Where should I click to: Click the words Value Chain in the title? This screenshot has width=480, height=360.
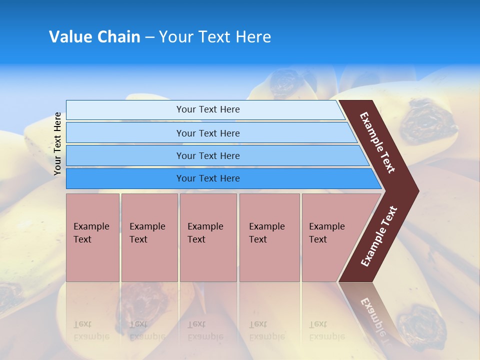click(94, 37)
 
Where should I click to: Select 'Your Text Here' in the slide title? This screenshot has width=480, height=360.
click(215, 37)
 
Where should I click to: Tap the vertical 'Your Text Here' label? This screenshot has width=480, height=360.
click(57, 143)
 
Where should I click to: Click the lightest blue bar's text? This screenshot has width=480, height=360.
click(208, 109)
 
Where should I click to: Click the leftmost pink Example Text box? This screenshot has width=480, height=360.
click(92, 237)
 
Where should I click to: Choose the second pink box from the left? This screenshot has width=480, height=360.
click(149, 237)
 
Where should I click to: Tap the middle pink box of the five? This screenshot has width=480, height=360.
click(208, 237)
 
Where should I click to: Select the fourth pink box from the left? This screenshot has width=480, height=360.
click(269, 237)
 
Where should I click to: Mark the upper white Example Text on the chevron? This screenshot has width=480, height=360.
click(377, 142)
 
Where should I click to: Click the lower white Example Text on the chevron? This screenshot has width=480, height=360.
click(379, 236)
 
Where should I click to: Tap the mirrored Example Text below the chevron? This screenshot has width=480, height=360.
click(373, 315)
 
